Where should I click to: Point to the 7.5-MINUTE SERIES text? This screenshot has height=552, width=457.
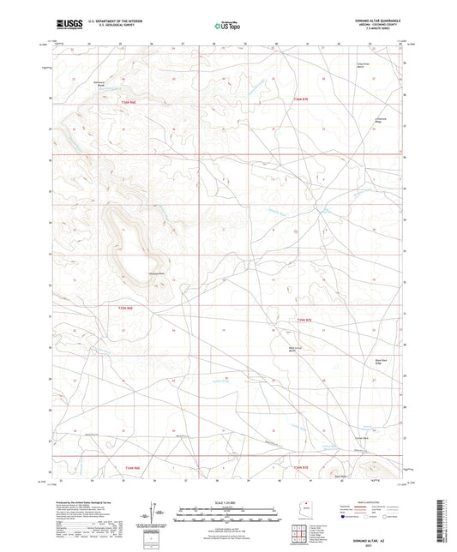(378, 32)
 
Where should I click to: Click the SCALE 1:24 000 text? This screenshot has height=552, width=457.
(228, 502)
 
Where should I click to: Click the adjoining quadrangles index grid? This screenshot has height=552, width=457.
(298, 535)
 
